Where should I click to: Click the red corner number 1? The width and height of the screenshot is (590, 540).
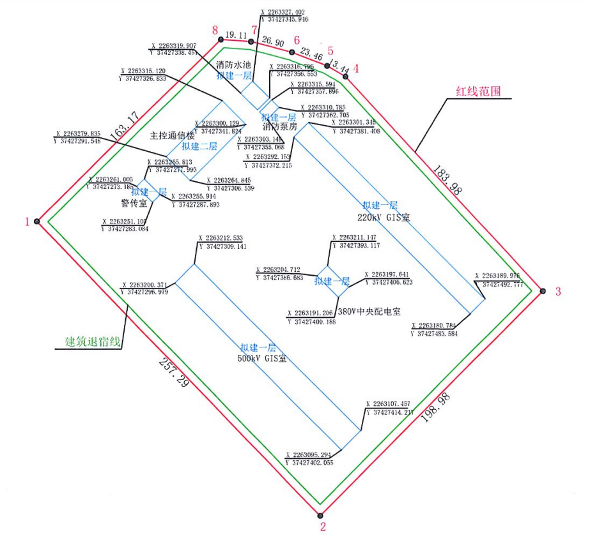27,222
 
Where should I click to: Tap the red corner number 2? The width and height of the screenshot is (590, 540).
323,527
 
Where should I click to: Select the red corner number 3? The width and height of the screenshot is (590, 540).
557,292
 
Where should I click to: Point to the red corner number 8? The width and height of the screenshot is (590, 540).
215,29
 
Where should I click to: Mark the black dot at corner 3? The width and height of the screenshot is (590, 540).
543,291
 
